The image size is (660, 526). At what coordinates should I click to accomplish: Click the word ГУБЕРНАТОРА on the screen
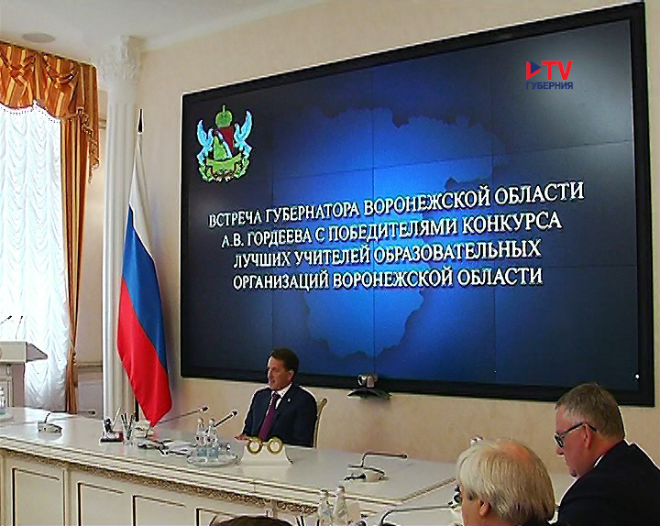coord(313,211)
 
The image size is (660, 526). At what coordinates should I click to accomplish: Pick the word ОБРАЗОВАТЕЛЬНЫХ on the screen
coord(456,251)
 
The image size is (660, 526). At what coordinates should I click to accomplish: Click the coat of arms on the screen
coord(225,145)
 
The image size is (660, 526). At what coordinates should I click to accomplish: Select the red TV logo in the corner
coord(549,71)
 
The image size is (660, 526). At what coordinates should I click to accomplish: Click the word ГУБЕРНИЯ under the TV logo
coord(549,85)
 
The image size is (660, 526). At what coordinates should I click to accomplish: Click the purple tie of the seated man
coord(268,417)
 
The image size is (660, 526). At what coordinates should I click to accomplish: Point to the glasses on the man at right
coord(572,433)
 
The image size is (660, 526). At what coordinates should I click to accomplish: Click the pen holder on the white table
coord(127,429)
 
